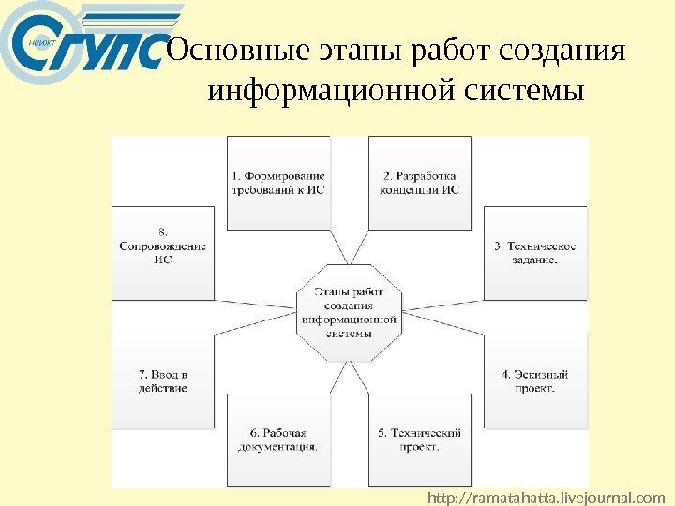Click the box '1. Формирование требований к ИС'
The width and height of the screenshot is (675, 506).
(x=278, y=183)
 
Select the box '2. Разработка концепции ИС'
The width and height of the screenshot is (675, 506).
(x=419, y=183)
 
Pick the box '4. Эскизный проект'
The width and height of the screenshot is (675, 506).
(x=535, y=380)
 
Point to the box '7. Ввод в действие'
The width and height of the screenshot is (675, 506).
(x=163, y=380)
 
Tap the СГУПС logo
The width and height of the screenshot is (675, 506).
(x=82, y=52)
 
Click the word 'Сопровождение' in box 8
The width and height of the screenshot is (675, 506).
(x=163, y=246)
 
